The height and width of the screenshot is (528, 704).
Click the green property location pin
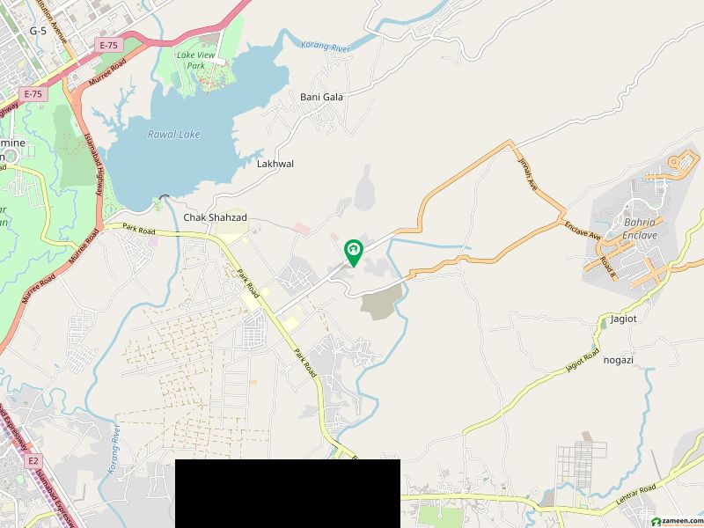coord(354,253)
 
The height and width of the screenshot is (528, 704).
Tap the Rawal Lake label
coord(173,135)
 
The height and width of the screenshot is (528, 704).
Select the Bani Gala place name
coord(321,97)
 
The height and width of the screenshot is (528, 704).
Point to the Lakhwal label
coord(275,164)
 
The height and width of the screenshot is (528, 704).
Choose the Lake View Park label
coord(197,60)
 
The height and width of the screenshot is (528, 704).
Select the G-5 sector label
coord(38,30)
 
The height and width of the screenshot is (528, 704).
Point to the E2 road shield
coord(34,459)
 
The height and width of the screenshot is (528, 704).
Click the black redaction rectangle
coord(288,493)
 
